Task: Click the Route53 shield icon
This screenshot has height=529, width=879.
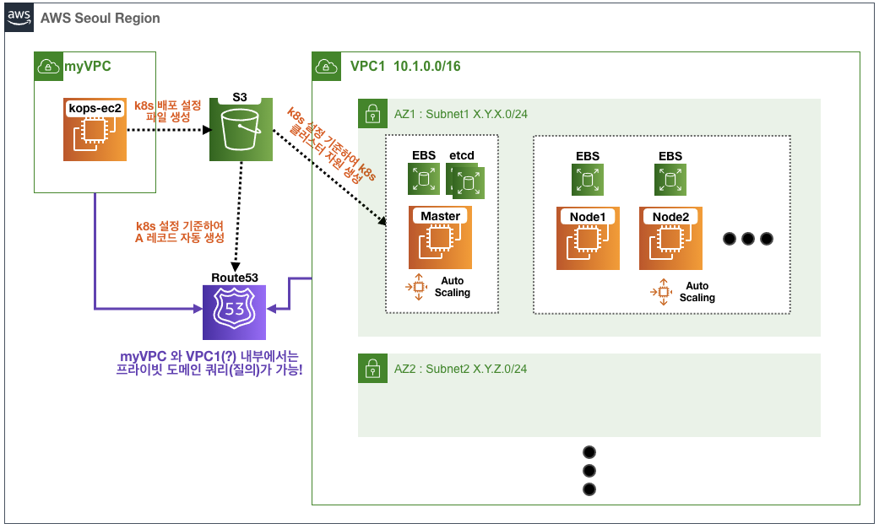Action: [x=234, y=310]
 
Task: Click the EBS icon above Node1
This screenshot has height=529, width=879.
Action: [x=588, y=179]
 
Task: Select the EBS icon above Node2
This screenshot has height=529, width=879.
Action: [x=670, y=179]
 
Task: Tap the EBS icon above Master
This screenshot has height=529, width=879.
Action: [x=424, y=179]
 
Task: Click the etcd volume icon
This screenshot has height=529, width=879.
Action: [x=465, y=181]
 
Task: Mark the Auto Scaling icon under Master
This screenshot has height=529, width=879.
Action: [x=416, y=287]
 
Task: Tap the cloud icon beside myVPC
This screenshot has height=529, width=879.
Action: [x=47, y=66]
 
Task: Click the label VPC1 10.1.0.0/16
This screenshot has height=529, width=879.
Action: [x=405, y=66]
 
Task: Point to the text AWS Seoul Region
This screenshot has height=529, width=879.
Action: [x=106, y=18]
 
